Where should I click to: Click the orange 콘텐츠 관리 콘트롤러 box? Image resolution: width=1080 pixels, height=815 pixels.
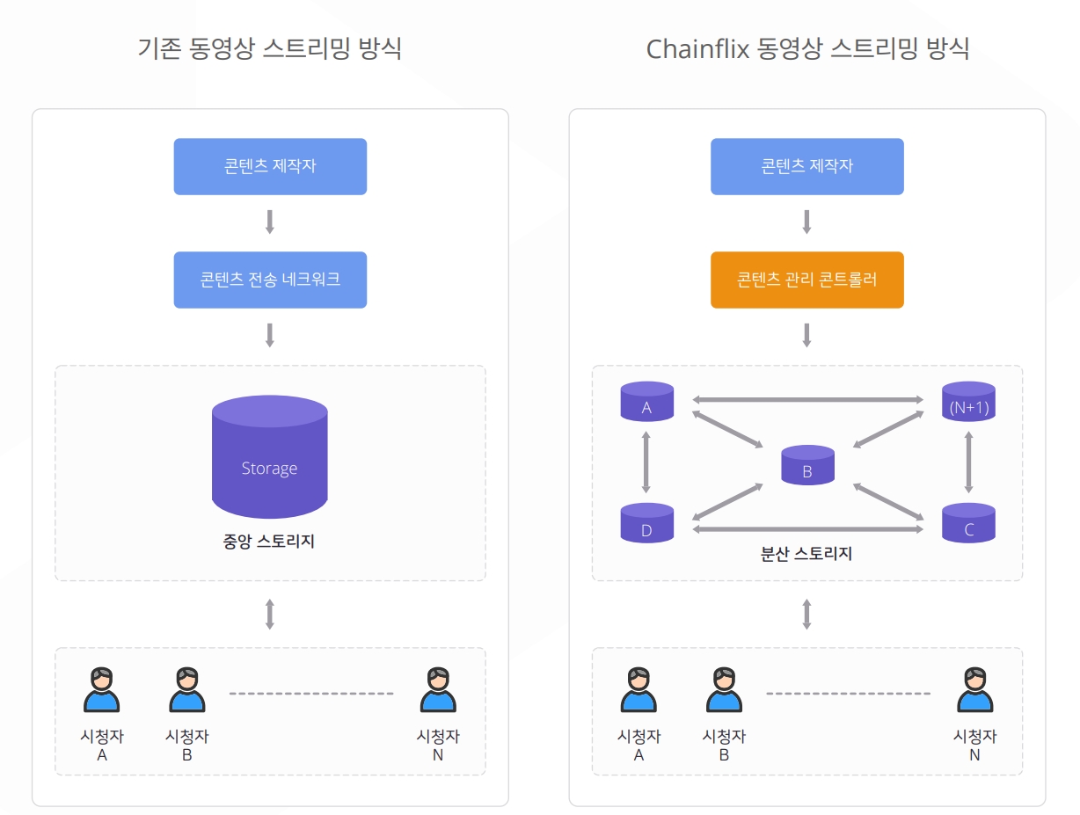click(806, 280)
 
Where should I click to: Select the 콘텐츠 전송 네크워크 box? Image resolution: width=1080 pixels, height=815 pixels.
click(270, 280)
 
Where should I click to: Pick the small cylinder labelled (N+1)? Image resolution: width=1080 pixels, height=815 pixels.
click(968, 402)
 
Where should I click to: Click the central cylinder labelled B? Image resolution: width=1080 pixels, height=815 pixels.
click(807, 466)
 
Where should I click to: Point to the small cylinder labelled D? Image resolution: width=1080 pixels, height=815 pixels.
click(646, 523)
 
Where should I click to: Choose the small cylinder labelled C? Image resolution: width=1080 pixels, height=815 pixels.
click(968, 523)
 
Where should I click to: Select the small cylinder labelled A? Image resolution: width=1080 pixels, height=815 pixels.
click(646, 402)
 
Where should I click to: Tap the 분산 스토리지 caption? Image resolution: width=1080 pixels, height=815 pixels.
click(806, 554)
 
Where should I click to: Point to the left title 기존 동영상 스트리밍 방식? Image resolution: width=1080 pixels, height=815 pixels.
click(270, 48)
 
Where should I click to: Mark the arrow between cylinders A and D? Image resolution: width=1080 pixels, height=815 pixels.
click(646, 462)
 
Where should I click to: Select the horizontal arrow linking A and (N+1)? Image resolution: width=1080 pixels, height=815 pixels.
click(807, 400)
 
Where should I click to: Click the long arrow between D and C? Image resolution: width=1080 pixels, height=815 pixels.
click(807, 529)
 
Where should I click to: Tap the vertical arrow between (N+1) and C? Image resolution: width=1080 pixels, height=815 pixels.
click(968, 462)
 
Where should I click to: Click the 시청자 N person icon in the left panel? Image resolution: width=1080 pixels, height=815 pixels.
click(438, 690)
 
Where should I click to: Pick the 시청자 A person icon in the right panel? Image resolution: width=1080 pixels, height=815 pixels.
click(639, 690)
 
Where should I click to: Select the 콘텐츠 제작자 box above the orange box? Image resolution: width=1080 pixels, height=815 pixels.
click(806, 166)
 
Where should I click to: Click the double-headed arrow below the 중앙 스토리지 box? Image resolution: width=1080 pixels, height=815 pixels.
click(270, 614)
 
